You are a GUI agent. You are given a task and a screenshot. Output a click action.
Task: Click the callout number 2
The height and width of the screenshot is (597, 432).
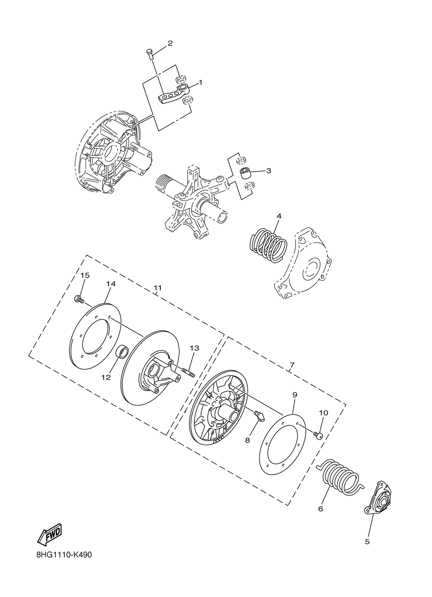click(170, 43)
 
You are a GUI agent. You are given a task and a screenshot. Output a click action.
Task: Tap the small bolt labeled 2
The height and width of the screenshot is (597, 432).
click(149, 54)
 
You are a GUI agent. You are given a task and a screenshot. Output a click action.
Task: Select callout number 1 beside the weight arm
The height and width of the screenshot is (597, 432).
click(200, 82)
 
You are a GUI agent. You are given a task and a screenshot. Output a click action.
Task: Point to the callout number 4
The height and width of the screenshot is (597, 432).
click(279, 215)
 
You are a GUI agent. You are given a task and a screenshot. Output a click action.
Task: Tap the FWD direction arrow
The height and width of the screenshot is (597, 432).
click(50, 534)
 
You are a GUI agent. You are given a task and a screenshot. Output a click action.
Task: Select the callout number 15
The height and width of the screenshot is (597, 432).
click(85, 275)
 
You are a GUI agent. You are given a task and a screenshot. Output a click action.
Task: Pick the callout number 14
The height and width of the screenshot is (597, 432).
click(111, 284)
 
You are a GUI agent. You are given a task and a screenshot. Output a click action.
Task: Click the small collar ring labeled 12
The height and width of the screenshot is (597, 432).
click(122, 352)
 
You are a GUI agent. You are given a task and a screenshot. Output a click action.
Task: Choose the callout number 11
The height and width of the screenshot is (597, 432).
click(157, 288)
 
